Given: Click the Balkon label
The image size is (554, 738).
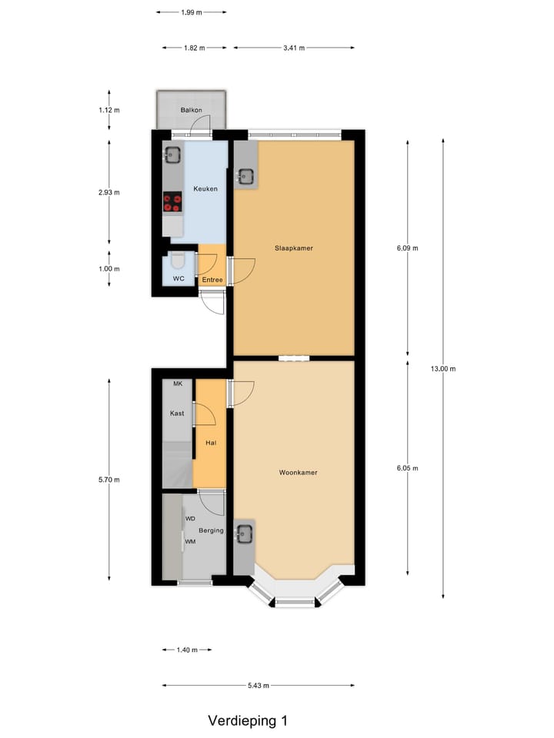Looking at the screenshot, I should click(191, 111).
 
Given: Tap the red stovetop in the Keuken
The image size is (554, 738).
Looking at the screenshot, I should click(172, 201).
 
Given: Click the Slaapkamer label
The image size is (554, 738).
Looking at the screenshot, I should click(294, 248).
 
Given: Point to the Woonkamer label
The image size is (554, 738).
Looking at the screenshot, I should click(299, 473).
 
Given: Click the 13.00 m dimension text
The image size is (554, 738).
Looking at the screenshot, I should click(443, 369).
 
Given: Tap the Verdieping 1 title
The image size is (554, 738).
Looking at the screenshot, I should click(248, 721).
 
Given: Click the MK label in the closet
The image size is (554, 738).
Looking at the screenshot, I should click(178, 384).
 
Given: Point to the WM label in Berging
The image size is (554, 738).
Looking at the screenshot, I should click(189, 542).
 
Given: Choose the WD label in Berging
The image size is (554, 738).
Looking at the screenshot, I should click(190, 519).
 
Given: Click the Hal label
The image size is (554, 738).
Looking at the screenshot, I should click(210, 443).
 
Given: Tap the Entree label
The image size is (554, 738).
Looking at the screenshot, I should click(212, 280).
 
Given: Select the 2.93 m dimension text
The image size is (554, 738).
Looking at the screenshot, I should click(109, 192).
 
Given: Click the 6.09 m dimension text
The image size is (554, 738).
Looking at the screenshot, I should click(407, 248).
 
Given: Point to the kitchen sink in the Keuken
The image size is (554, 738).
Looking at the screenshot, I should click(172, 155).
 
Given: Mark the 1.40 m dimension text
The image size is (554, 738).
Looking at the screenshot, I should click(187, 650).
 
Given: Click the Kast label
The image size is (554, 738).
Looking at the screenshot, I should click(177, 414).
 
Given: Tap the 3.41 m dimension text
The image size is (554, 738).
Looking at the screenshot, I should click(294, 48).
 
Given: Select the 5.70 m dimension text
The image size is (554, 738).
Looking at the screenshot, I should click(109, 480).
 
